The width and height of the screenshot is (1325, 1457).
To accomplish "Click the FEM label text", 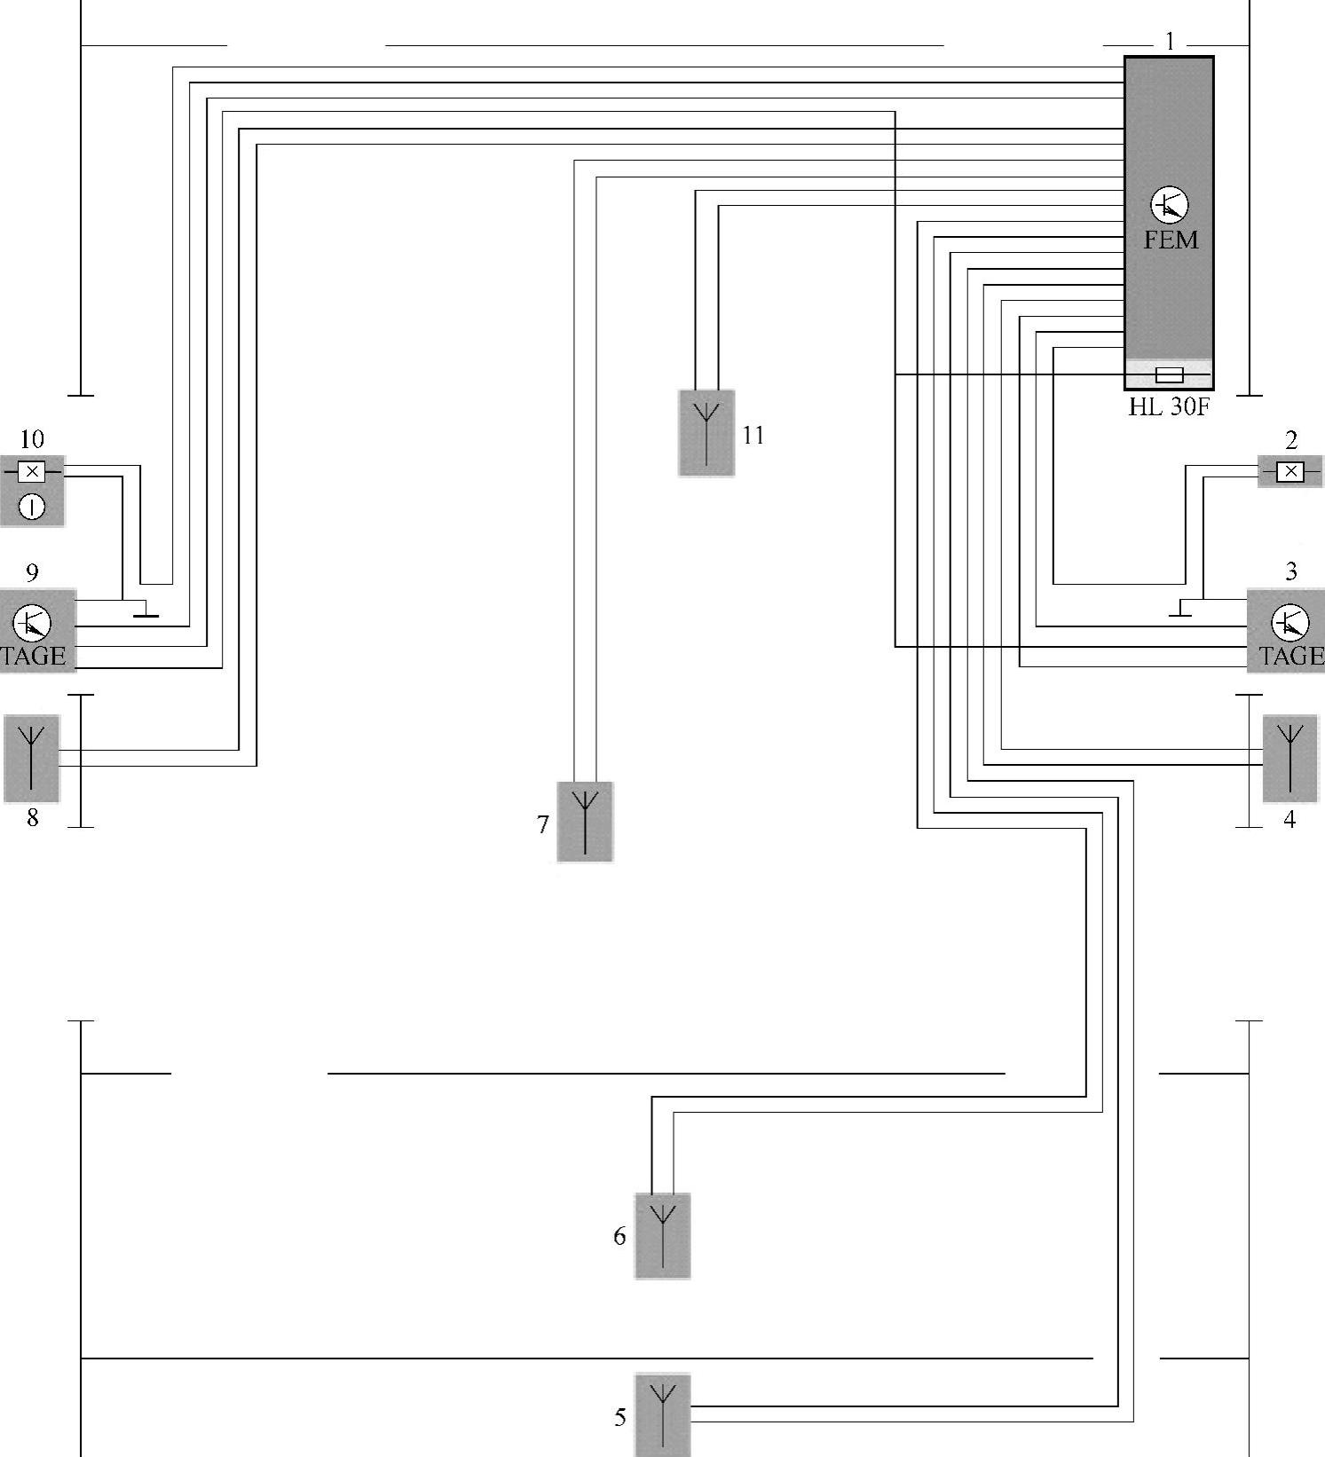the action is pos(1170,240).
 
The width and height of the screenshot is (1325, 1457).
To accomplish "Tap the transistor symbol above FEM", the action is pos(1170,205).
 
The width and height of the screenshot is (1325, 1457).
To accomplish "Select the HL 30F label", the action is pos(1169,407).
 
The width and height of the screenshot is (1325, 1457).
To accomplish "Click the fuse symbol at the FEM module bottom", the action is pos(1170,374).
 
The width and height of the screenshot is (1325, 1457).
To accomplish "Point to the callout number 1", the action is pos(1171,42).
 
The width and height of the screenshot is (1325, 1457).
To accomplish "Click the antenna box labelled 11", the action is pos(706,433).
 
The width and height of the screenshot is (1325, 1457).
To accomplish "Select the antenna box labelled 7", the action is pos(585,822).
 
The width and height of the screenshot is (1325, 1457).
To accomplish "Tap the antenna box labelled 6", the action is pos(663,1236).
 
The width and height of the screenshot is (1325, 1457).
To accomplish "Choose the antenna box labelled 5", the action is pos(663,1415).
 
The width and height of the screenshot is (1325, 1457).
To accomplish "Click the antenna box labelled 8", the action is pos(32,759).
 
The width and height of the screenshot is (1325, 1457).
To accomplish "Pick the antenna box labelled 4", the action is pos(1290,759).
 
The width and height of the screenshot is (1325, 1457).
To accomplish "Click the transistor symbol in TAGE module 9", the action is pos(33,624).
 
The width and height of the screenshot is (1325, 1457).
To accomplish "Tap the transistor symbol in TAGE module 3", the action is pos(1290,624).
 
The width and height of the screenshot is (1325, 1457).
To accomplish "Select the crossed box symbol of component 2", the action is pos(1290,471).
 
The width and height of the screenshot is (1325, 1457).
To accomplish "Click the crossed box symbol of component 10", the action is pos(32,471).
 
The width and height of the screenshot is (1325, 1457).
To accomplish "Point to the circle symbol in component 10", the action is pos(32,508).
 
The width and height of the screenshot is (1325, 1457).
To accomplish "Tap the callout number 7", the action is pos(543,825).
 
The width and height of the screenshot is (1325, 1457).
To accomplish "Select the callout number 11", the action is pos(753,436).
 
